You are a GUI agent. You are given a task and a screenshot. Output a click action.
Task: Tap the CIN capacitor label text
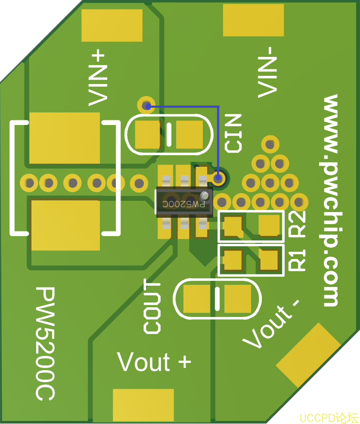point(233,133)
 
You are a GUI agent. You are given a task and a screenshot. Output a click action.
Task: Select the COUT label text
point(152,306)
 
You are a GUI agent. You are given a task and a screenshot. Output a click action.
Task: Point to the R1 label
point(298,260)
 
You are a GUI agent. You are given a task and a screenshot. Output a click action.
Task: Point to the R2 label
point(298,224)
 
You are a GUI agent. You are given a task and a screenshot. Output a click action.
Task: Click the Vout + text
point(154,362)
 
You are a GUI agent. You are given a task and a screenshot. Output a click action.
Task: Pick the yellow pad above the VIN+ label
point(112,25)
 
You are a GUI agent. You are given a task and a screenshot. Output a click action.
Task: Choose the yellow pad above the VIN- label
point(253,20)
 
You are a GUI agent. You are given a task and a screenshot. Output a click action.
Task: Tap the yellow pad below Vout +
point(143,405)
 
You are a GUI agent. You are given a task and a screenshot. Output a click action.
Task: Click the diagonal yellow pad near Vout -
point(308,355)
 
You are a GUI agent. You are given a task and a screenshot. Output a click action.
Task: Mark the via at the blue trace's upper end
point(146,105)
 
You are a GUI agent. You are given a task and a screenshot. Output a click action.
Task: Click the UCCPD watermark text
point(329,418)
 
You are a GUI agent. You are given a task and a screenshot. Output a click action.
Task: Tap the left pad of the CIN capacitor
point(148,134)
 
